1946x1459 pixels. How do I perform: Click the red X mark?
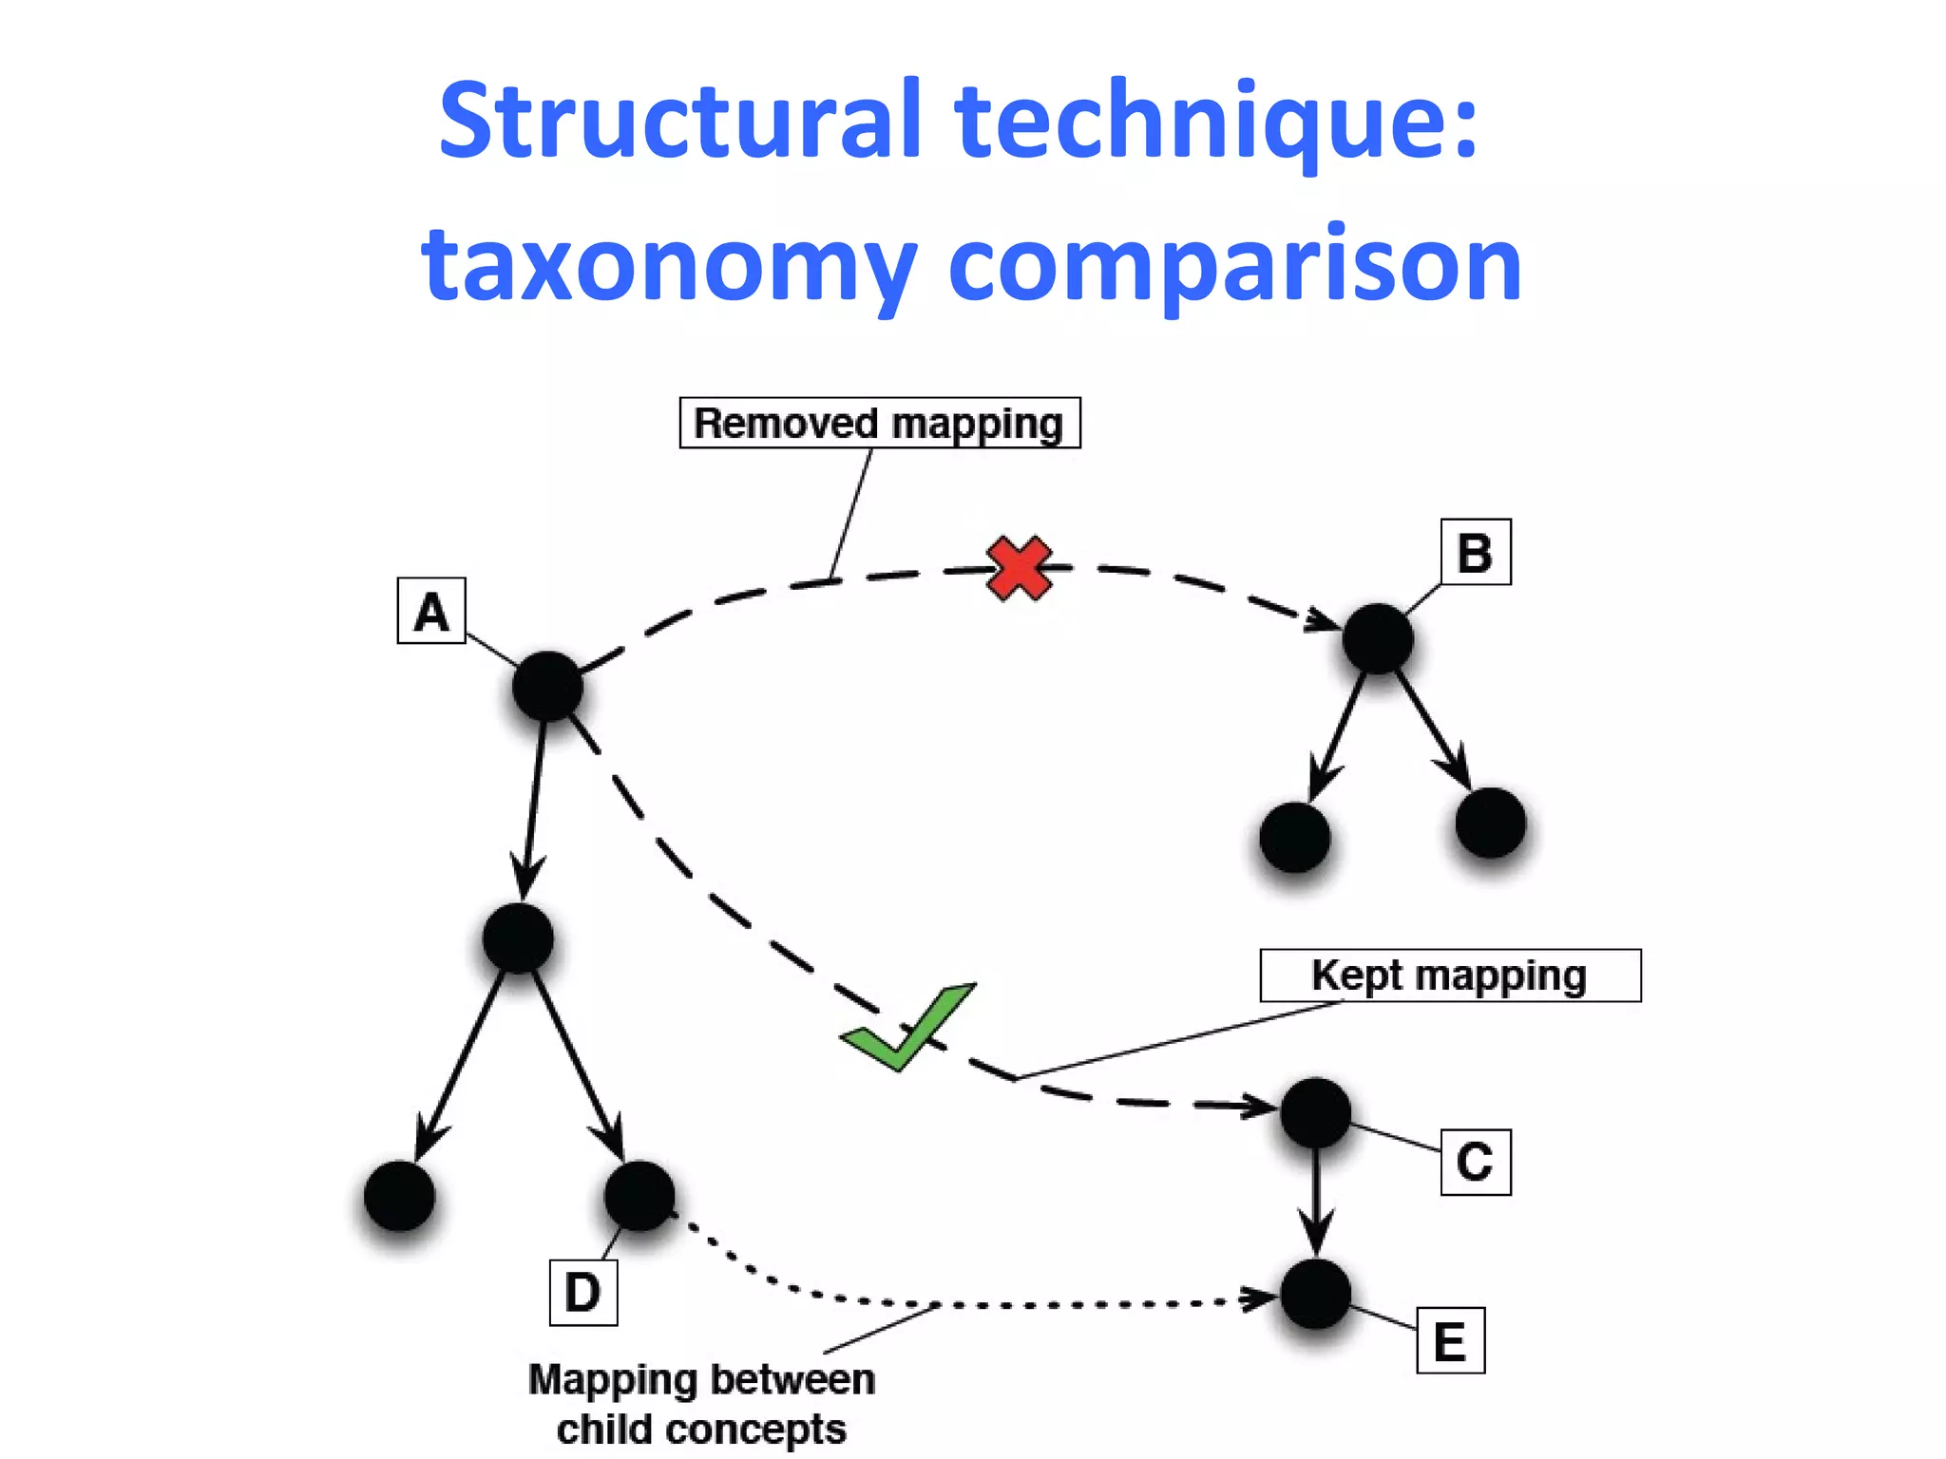(1019, 568)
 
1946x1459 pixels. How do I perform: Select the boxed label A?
(431, 611)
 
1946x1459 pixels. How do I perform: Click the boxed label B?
(1475, 552)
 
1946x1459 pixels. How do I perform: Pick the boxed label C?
(1475, 1161)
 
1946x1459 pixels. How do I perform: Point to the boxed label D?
(582, 1292)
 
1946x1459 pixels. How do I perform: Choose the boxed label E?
(1450, 1340)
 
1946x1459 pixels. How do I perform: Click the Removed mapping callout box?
(879, 423)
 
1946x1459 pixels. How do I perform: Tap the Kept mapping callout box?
(1449, 976)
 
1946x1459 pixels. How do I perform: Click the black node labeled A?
(547, 686)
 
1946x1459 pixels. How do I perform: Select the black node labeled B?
(1378, 638)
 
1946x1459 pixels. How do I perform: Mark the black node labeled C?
(1315, 1112)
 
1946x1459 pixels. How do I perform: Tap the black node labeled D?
(639, 1195)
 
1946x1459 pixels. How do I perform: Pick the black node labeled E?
(1315, 1295)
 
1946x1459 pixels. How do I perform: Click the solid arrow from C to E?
(1315, 1203)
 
